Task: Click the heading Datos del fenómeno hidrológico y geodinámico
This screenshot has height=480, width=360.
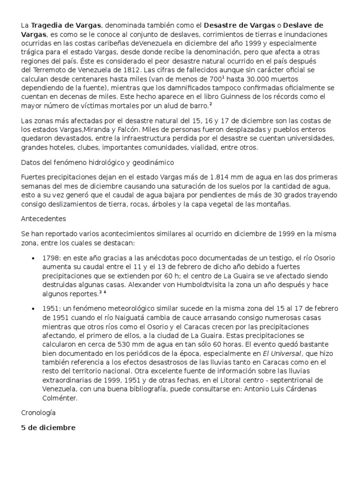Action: pyautogui.click(x=97, y=163)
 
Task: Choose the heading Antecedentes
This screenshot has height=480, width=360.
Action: pyautogui.click(x=44, y=218)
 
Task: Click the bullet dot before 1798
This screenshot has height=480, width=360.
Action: pyautogui.click(x=33, y=258)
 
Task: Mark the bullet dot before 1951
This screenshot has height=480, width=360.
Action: pyautogui.click(x=33, y=308)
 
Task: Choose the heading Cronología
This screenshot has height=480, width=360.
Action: pyautogui.click(x=38, y=413)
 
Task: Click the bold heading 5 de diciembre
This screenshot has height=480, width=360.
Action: pyautogui.click(x=48, y=428)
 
